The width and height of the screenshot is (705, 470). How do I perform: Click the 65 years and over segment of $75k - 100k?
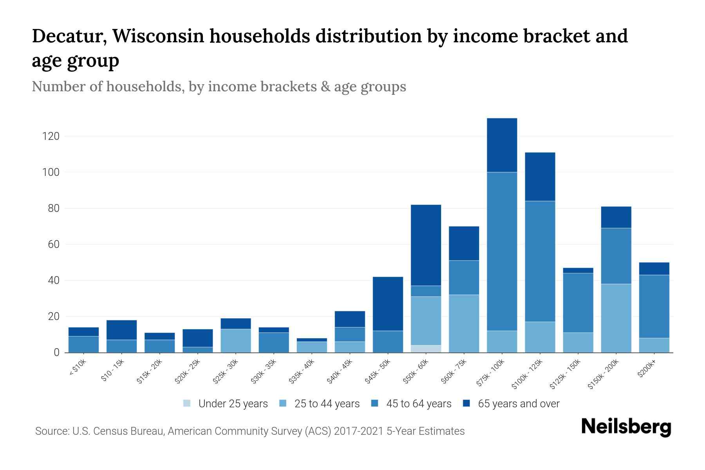502,145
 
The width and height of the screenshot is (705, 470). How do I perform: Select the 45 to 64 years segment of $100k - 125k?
540,261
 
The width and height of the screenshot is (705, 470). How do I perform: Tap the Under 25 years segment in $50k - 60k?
426,349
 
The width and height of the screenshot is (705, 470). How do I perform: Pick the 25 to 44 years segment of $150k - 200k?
616,318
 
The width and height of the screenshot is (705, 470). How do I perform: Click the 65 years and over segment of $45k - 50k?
388,304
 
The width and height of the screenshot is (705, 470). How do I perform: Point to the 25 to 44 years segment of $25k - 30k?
236,340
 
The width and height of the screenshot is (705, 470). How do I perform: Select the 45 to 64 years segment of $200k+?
654,306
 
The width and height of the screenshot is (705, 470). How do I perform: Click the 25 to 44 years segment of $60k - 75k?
464,323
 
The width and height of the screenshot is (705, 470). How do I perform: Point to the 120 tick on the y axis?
51,136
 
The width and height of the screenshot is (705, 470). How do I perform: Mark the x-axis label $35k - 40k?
302,372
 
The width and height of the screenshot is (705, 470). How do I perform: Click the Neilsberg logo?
626,427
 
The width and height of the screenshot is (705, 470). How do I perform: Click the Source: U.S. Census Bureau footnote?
249,431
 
